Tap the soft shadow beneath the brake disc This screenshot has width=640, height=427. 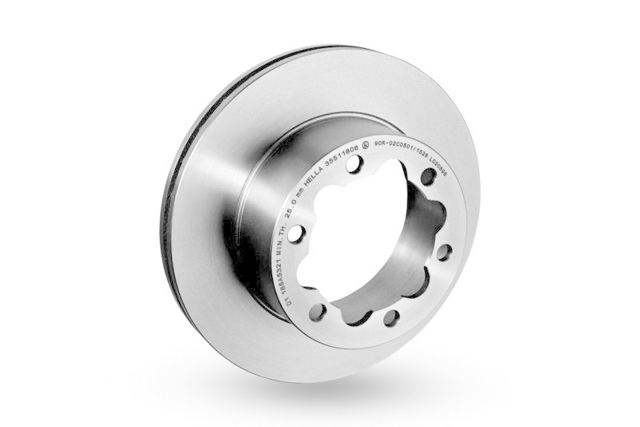coord(320,405)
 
